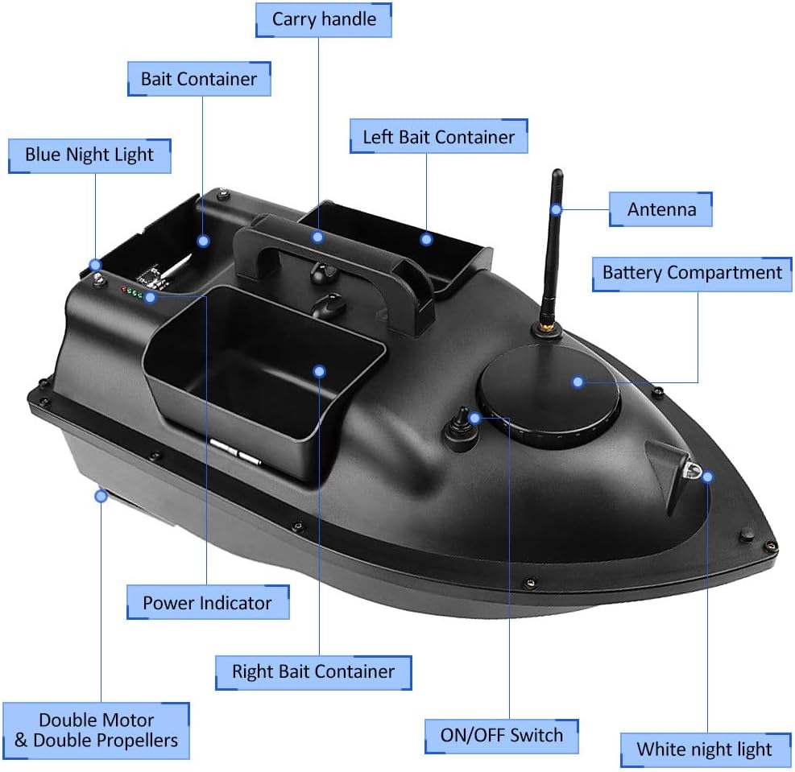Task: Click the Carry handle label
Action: click(x=324, y=20)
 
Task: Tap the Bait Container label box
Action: click(x=199, y=79)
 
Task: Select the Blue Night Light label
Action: click(x=89, y=155)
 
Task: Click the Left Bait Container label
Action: click(x=438, y=137)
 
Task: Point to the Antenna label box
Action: click(x=660, y=209)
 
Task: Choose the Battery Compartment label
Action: click(x=692, y=274)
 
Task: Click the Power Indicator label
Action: click(x=207, y=602)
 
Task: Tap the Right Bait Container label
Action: click(x=313, y=672)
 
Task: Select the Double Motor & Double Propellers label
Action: click(x=97, y=730)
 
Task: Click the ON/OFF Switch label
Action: click(x=502, y=736)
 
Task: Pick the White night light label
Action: click(x=705, y=749)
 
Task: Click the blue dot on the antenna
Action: click(x=557, y=209)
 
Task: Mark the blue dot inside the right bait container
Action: click(x=319, y=371)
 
